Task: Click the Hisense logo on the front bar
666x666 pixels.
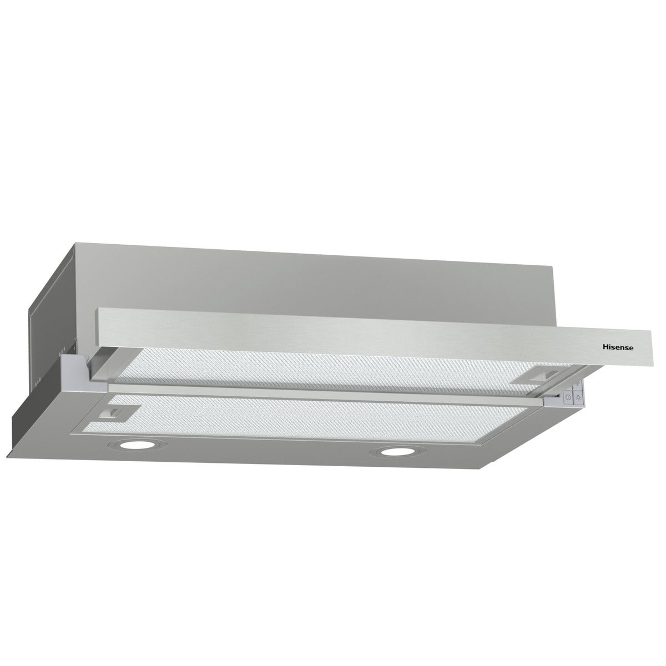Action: [619, 346]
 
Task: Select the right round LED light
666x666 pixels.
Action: [395, 452]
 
